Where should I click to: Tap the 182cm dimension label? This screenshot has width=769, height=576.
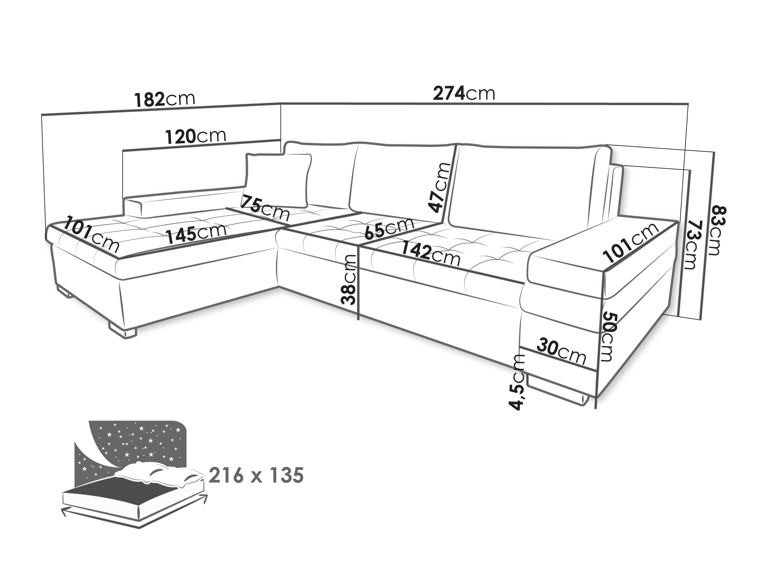tap(165, 99)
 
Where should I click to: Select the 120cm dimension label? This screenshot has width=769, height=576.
tap(196, 136)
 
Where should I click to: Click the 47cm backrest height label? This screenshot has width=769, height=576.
tap(440, 187)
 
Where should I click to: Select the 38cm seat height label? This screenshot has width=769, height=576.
tap(349, 280)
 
